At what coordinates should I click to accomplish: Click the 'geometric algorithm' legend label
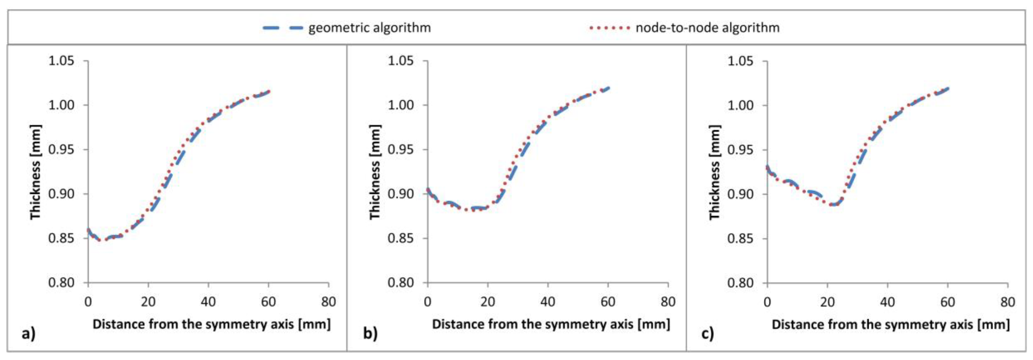369,28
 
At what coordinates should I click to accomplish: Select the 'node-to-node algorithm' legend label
708,28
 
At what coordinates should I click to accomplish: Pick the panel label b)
370,333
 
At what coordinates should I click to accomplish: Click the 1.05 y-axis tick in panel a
61,61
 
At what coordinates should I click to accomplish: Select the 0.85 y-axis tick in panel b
401,238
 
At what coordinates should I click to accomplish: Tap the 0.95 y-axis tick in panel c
740,150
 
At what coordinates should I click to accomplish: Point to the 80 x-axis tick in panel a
329,301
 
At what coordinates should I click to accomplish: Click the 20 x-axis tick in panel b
488,301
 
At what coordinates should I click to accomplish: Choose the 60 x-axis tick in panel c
947,301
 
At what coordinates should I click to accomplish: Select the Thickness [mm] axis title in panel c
715,172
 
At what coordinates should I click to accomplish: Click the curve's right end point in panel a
269,91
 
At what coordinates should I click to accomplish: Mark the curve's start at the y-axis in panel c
768,167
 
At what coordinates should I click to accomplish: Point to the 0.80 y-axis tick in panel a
61,283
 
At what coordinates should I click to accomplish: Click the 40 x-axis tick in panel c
887,301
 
